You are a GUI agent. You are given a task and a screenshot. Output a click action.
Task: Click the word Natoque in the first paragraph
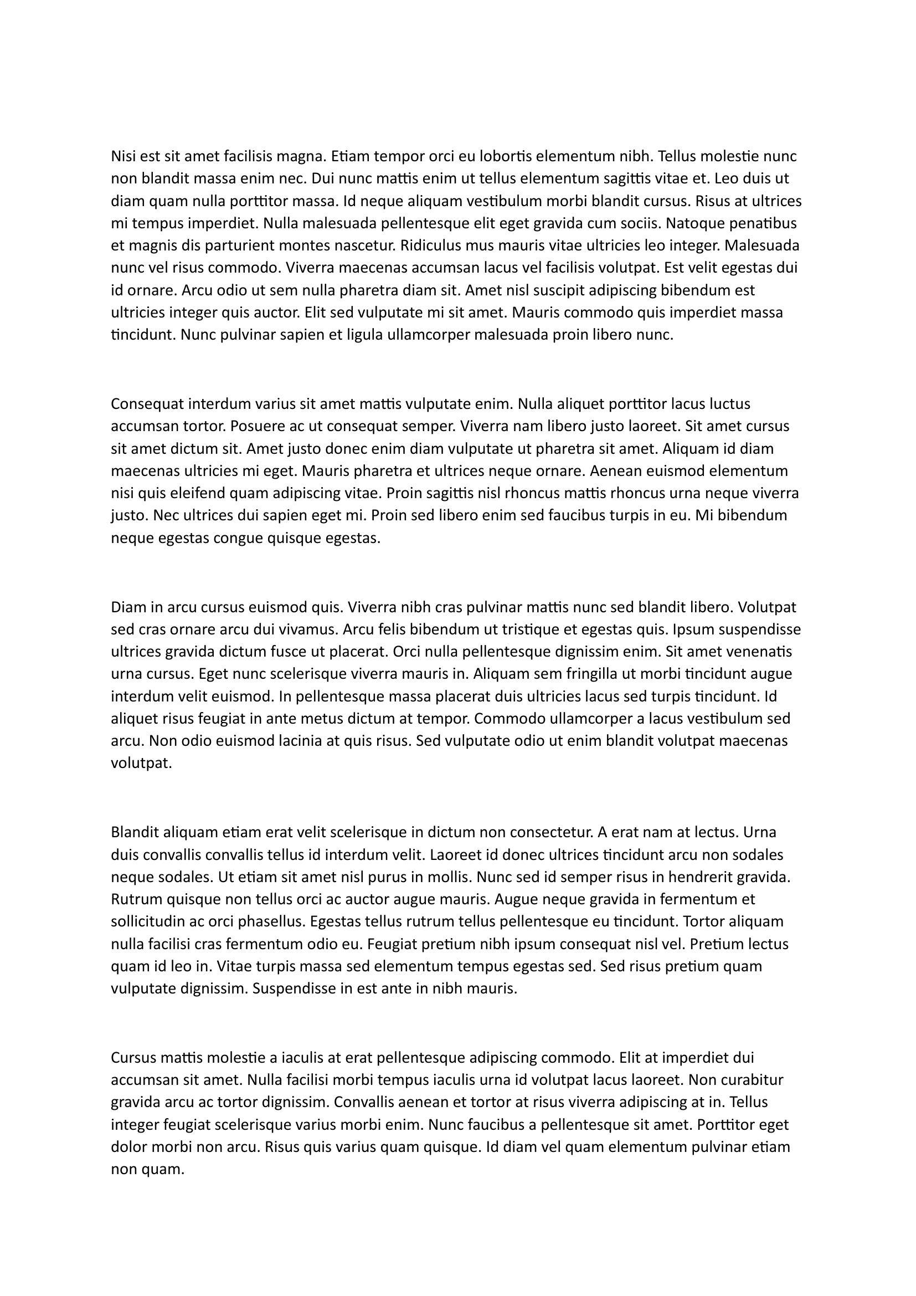tap(695, 223)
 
